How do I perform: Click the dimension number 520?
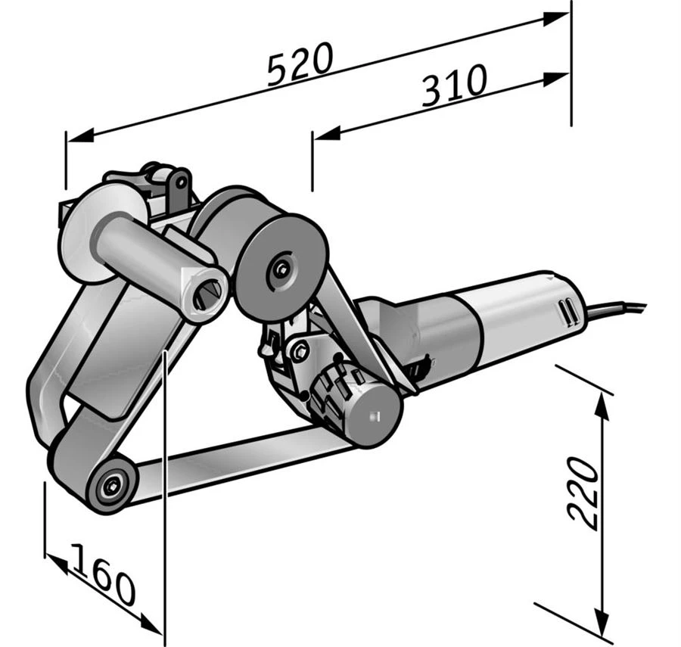pos(300,64)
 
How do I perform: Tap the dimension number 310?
pos(454,86)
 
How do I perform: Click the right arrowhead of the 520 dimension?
pos(555,19)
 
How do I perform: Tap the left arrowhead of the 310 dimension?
pos(326,134)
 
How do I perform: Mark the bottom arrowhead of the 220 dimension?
pos(602,623)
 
